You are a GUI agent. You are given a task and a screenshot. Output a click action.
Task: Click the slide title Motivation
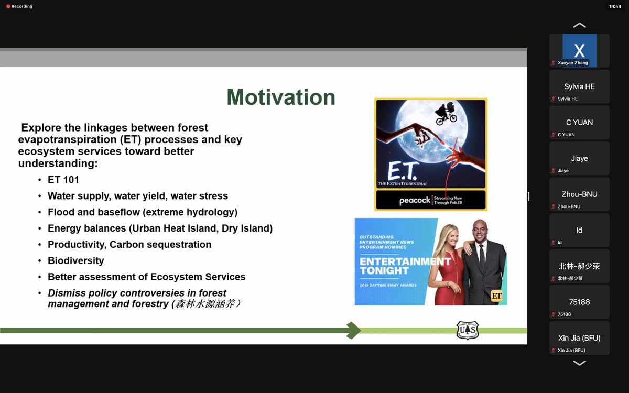pos(281,97)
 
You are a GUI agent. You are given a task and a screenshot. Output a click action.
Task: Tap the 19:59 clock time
pos(615,7)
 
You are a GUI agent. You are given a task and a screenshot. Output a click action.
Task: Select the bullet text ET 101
pos(63,180)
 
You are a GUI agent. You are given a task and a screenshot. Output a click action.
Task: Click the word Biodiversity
pos(76,260)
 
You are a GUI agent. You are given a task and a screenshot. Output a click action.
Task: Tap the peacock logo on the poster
pos(415,200)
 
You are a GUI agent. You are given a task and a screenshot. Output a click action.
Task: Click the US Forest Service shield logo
pos(467,330)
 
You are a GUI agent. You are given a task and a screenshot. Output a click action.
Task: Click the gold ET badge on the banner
pos(496,296)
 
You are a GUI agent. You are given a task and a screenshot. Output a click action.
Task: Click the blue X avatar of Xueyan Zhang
pos(579,50)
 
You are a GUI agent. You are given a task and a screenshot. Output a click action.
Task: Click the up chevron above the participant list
pos(579,25)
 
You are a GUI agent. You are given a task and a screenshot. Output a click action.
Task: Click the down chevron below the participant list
pos(579,363)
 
